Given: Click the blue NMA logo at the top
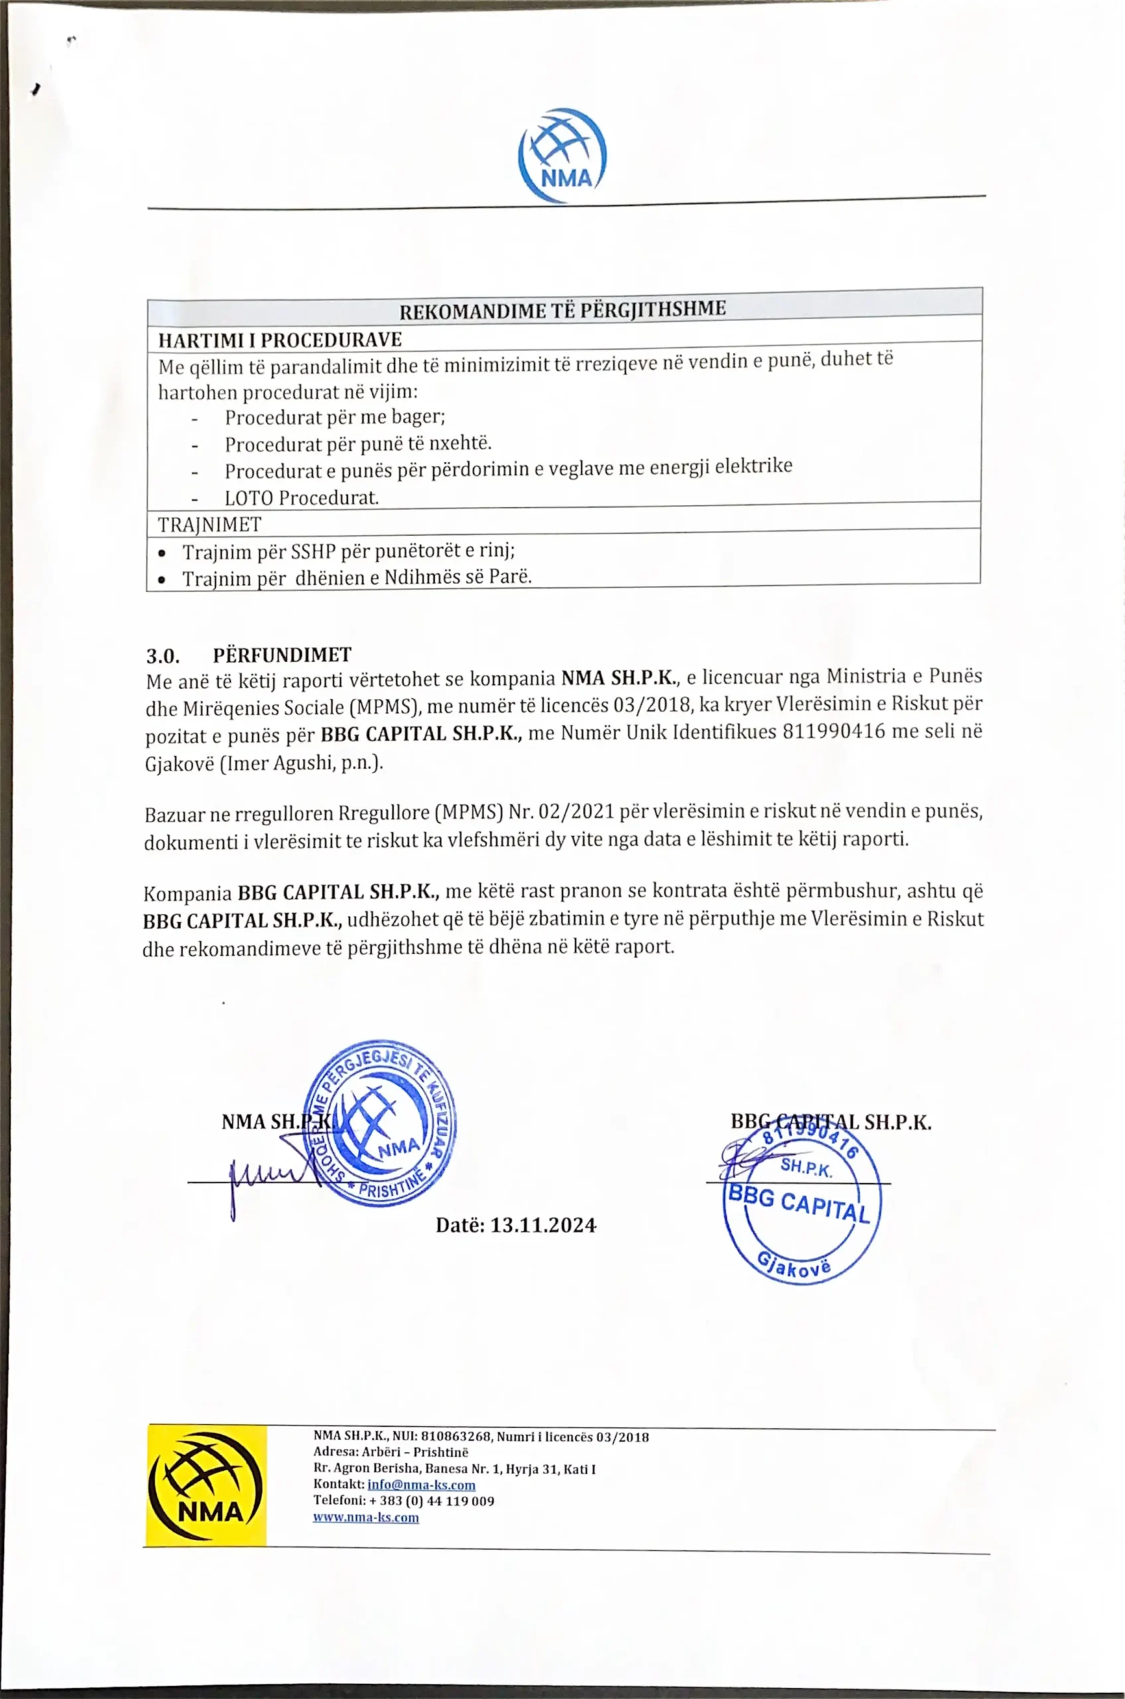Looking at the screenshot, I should (563, 156).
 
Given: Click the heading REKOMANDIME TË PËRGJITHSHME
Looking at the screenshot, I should (563, 310).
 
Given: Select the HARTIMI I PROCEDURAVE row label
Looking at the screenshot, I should (280, 339).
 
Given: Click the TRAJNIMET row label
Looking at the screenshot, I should (210, 525).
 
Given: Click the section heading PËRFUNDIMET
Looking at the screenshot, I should (282, 655).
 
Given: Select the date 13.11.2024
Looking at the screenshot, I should (542, 1224).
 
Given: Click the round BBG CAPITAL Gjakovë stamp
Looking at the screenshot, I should (801, 1202).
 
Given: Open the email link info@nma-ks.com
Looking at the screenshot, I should (421, 1485).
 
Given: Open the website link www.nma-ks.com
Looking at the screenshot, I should (366, 1517).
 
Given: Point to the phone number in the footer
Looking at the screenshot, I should (431, 1501).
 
